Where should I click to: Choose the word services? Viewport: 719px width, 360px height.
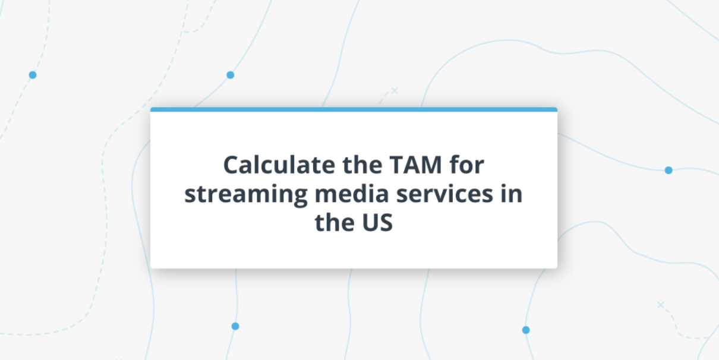pos(444,194)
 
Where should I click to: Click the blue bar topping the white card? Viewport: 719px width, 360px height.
pos(354,109)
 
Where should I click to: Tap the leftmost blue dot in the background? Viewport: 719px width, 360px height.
pos(33,75)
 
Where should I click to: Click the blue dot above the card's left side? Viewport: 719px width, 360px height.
pos(231,75)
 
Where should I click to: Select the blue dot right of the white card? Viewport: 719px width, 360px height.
pos(668,170)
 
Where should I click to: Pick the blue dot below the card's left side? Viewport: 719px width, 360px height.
pos(235,326)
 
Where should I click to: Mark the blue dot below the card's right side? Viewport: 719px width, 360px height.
pos(526,330)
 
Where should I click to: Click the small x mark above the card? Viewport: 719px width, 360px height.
pos(395,90)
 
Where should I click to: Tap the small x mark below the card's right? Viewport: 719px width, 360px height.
pos(660,305)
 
